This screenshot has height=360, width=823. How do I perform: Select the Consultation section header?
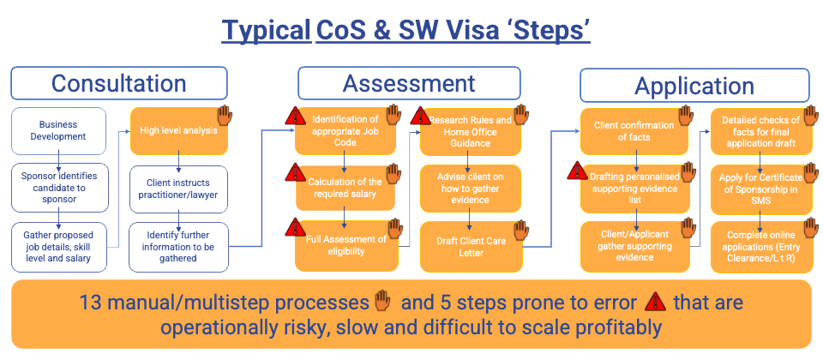[118, 83]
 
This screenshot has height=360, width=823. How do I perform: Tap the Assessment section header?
[408, 83]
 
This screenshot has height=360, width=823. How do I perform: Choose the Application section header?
[694, 86]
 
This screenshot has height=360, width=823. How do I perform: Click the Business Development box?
[58, 130]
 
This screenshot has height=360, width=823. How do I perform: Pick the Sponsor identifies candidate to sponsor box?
[58, 186]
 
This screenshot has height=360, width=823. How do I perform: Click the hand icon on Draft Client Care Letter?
[521, 230]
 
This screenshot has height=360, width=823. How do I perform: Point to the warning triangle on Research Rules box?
[422, 115]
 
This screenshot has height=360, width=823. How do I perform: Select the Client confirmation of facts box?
[634, 131]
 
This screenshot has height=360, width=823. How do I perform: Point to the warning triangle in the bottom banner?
[655, 302]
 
